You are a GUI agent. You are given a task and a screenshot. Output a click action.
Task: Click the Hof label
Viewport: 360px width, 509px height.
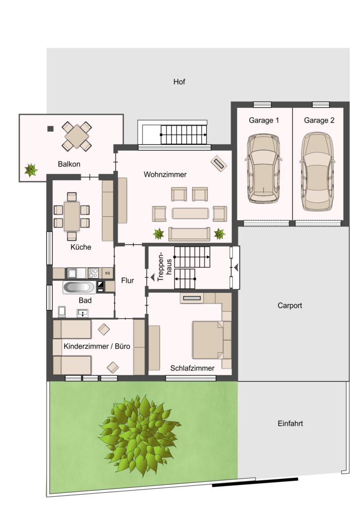point(179,82)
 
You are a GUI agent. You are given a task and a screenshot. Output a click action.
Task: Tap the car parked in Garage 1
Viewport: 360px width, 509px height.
point(263,168)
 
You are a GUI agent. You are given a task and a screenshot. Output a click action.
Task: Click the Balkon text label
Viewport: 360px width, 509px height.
point(69,164)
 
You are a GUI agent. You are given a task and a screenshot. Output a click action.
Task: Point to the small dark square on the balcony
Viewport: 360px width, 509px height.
point(50,129)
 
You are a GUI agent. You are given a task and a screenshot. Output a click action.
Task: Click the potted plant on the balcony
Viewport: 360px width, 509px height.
point(31,170)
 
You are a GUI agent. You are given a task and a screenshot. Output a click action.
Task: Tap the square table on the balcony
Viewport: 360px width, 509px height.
point(77,136)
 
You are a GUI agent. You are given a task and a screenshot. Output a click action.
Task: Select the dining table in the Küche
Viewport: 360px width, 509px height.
point(72,216)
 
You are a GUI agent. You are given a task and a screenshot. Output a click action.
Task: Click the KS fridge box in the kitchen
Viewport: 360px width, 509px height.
point(107,273)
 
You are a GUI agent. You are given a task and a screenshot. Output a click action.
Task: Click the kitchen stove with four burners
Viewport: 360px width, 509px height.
point(93,273)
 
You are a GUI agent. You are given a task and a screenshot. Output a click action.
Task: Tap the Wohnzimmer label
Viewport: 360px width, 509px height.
point(165,174)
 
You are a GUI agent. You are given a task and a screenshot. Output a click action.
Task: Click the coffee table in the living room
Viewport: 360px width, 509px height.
point(190,213)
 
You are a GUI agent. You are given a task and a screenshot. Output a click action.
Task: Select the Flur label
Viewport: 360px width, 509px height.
point(127,280)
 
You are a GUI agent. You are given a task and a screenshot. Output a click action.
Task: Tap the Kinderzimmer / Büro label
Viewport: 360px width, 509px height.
point(97,346)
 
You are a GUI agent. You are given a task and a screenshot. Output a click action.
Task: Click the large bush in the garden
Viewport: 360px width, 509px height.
point(139,435)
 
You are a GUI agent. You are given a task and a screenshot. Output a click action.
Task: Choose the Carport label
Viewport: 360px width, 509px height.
point(290,305)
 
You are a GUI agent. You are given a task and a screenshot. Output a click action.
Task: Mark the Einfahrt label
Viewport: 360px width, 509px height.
point(290,423)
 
